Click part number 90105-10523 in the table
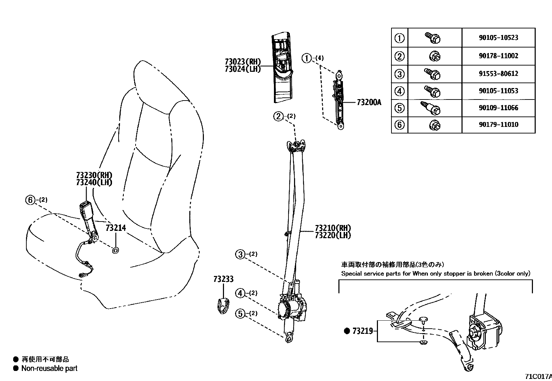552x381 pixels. point(498,38)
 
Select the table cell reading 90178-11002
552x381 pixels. point(498,56)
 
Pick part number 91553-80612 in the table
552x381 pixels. point(498,73)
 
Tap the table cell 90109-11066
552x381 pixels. point(498,108)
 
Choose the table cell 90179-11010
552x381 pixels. point(498,124)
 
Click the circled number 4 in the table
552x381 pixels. point(400,91)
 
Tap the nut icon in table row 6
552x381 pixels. point(434,124)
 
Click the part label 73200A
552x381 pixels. point(369,102)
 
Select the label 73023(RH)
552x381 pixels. point(243,62)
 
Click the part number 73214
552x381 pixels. point(115,228)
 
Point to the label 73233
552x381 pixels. point(223,279)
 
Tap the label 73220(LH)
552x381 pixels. point(333,235)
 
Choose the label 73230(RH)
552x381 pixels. point(94,175)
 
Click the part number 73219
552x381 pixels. point(362,331)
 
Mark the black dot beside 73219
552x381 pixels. point(347,331)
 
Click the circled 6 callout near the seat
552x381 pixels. point(31,200)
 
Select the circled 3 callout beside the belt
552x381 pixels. point(240,254)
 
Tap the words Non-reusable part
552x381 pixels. point(49,368)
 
